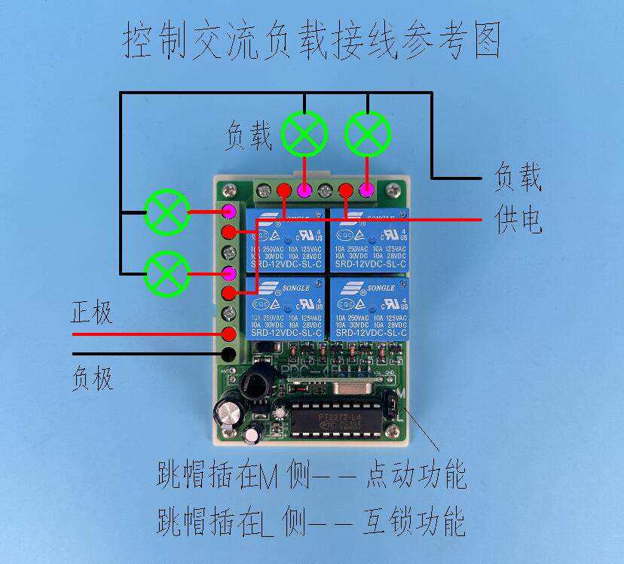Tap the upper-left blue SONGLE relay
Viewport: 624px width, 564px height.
(284, 240)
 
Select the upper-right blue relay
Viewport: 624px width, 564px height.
(370, 240)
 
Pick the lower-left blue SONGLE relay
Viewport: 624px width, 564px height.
(284, 308)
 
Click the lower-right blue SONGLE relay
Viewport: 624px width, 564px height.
(370, 308)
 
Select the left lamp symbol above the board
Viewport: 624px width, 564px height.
(304, 134)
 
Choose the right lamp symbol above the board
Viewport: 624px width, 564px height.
(368, 134)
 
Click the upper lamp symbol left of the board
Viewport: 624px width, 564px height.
(167, 212)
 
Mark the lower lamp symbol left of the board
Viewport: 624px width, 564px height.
(167, 273)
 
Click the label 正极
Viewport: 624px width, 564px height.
(91, 312)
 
